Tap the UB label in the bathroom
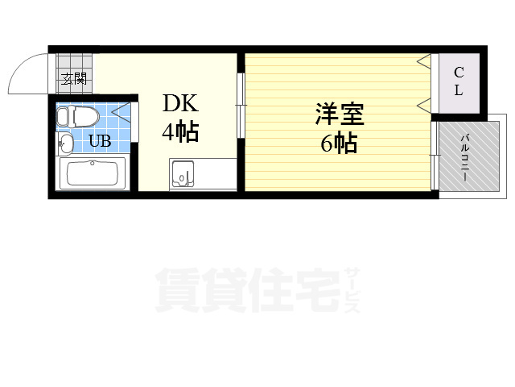pyautogui.click(x=100, y=141)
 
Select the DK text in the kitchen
pyautogui.click(x=180, y=103)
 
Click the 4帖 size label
pyautogui.click(x=180, y=131)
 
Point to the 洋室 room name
pyautogui.click(x=340, y=114)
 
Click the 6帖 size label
pyautogui.click(x=339, y=143)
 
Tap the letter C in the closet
pyautogui.click(x=459, y=72)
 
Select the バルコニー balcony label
pyautogui.click(x=465, y=158)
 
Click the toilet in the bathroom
pyautogui.click(x=77, y=116)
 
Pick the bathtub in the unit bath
pyautogui.click(x=93, y=173)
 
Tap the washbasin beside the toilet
pyautogui.click(x=64, y=144)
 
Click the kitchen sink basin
pyautogui.click(x=183, y=174)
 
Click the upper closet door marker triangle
pyautogui.click(x=424, y=61)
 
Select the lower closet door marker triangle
pyautogui.click(x=424, y=105)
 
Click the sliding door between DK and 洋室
pyautogui.click(x=241, y=106)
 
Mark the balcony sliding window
pyautogui.click(x=435, y=156)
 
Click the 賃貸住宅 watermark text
pyautogui.click(x=248, y=289)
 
